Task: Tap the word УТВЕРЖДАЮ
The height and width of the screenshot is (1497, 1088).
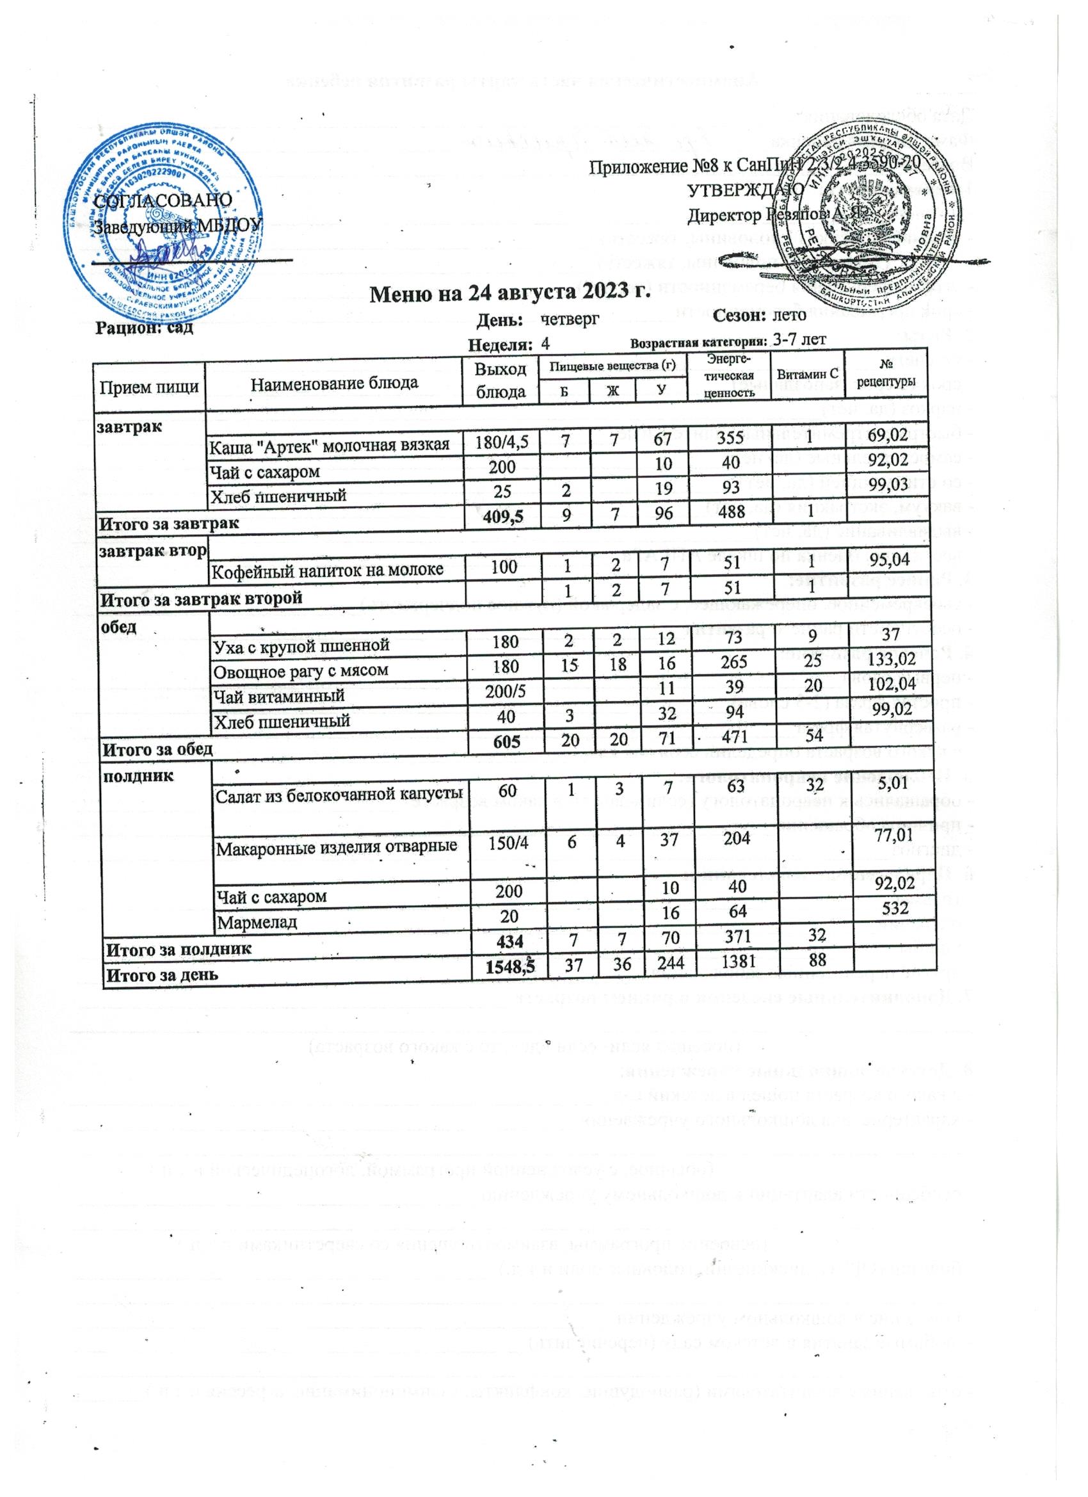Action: [746, 190]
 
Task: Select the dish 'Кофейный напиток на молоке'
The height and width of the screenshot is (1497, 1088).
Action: [326, 570]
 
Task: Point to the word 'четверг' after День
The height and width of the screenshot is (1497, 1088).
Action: [570, 319]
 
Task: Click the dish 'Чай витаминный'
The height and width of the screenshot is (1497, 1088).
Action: [277, 695]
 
